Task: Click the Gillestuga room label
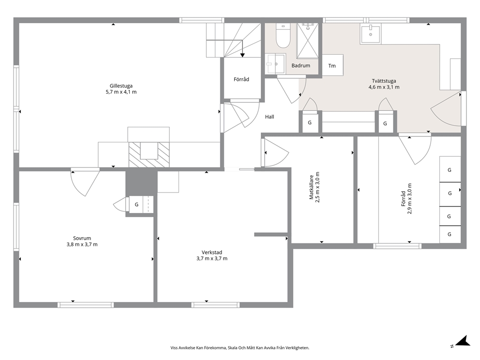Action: tap(121, 86)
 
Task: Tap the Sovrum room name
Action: tap(82, 238)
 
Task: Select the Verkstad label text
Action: tap(212, 253)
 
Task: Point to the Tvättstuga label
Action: tap(384, 81)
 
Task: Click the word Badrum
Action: tap(300, 65)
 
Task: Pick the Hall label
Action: tap(270, 117)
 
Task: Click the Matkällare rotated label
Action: tap(311, 187)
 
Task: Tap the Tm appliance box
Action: tap(332, 65)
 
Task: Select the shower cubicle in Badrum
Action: tap(307, 41)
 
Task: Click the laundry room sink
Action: tap(371, 34)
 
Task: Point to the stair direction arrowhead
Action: tap(242, 55)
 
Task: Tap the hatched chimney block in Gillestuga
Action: tap(149, 154)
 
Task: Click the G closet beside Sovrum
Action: tap(137, 205)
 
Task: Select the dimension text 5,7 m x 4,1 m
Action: tap(121, 92)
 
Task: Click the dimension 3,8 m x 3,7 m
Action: tap(82, 244)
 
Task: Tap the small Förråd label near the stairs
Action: tap(241, 79)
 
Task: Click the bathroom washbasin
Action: tap(275, 64)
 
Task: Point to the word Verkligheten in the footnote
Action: tap(299, 348)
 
